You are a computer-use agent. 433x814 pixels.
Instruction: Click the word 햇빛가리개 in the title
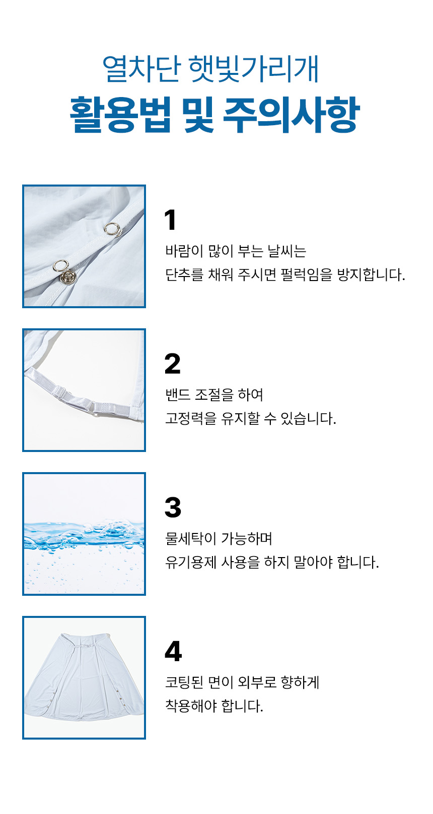(254, 69)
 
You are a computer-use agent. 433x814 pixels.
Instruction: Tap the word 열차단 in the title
(141, 69)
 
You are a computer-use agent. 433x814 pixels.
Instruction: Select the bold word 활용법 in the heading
(120, 114)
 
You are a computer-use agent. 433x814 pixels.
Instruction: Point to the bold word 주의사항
(292, 114)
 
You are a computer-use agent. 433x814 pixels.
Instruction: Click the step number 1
(170, 220)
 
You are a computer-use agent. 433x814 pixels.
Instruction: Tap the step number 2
(173, 364)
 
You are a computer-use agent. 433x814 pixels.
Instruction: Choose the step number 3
(173, 507)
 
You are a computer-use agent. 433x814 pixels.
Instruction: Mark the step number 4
(173, 651)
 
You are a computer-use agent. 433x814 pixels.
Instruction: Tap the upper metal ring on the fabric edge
(112, 229)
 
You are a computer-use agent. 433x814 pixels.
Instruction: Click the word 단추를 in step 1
(184, 275)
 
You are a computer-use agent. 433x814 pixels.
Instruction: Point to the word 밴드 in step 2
(178, 395)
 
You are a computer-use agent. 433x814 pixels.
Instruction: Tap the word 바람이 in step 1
(184, 251)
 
